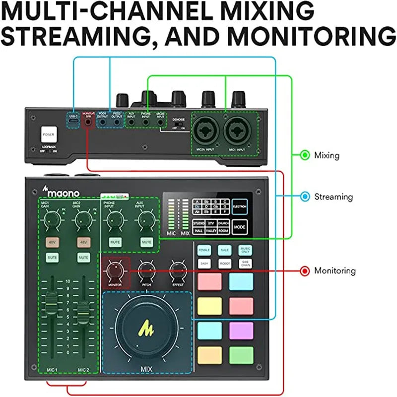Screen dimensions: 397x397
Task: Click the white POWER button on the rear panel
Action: click(x=50, y=134)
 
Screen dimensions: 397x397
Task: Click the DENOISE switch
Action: click(x=179, y=125)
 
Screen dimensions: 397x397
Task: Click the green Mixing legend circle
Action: click(x=305, y=155)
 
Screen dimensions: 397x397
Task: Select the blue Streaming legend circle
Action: click(x=305, y=197)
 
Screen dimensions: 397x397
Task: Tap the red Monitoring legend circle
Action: click(x=305, y=271)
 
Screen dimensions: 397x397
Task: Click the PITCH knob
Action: click(x=146, y=271)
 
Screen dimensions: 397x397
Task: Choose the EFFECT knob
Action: click(x=177, y=271)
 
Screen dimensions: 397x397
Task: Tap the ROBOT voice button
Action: click(x=224, y=264)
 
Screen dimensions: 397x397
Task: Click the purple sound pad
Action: click(x=242, y=330)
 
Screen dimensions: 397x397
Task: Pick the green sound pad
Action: click(x=242, y=354)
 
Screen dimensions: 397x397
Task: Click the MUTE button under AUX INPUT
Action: click(x=146, y=242)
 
